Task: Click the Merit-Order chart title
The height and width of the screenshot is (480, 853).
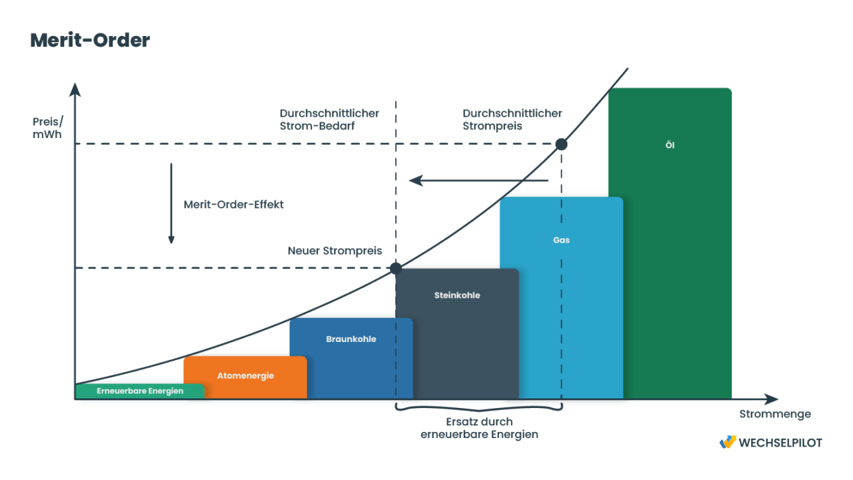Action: pyautogui.click(x=90, y=41)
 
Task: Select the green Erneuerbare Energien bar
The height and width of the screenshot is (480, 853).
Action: pyautogui.click(x=140, y=391)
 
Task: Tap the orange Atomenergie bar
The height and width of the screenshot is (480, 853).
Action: pyautogui.click(x=245, y=377)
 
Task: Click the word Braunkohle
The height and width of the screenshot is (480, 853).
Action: pyautogui.click(x=351, y=339)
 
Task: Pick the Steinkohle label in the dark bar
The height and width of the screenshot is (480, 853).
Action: pyautogui.click(x=457, y=295)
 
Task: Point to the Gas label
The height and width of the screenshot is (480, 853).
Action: pyautogui.click(x=561, y=240)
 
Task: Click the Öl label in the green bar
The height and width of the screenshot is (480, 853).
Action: pyautogui.click(x=670, y=145)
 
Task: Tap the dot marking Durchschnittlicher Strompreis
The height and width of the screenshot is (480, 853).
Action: pyautogui.click(x=561, y=145)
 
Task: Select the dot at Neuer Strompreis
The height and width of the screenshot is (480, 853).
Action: pyautogui.click(x=396, y=269)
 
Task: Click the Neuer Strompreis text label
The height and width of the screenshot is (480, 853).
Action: pyautogui.click(x=335, y=251)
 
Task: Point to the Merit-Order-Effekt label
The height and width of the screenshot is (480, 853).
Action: pyautogui.click(x=233, y=205)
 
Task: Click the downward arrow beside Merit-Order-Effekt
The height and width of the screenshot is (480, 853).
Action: pyautogui.click(x=171, y=203)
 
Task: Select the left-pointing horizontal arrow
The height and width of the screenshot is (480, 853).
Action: pyautogui.click(x=478, y=181)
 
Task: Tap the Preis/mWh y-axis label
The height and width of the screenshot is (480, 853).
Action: pyautogui.click(x=47, y=128)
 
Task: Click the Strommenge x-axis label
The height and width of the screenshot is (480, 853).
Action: pyautogui.click(x=775, y=414)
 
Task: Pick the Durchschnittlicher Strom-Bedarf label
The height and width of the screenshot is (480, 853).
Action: pyautogui.click(x=329, y=119)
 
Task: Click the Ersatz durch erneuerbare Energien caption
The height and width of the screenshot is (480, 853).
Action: pyautogui.click(x=479, y=428)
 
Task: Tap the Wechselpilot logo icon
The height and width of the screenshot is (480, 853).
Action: pyautogui.click(x=727, y=442)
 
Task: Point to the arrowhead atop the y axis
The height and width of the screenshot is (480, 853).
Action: pyautogui.click(x=75, y=89)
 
